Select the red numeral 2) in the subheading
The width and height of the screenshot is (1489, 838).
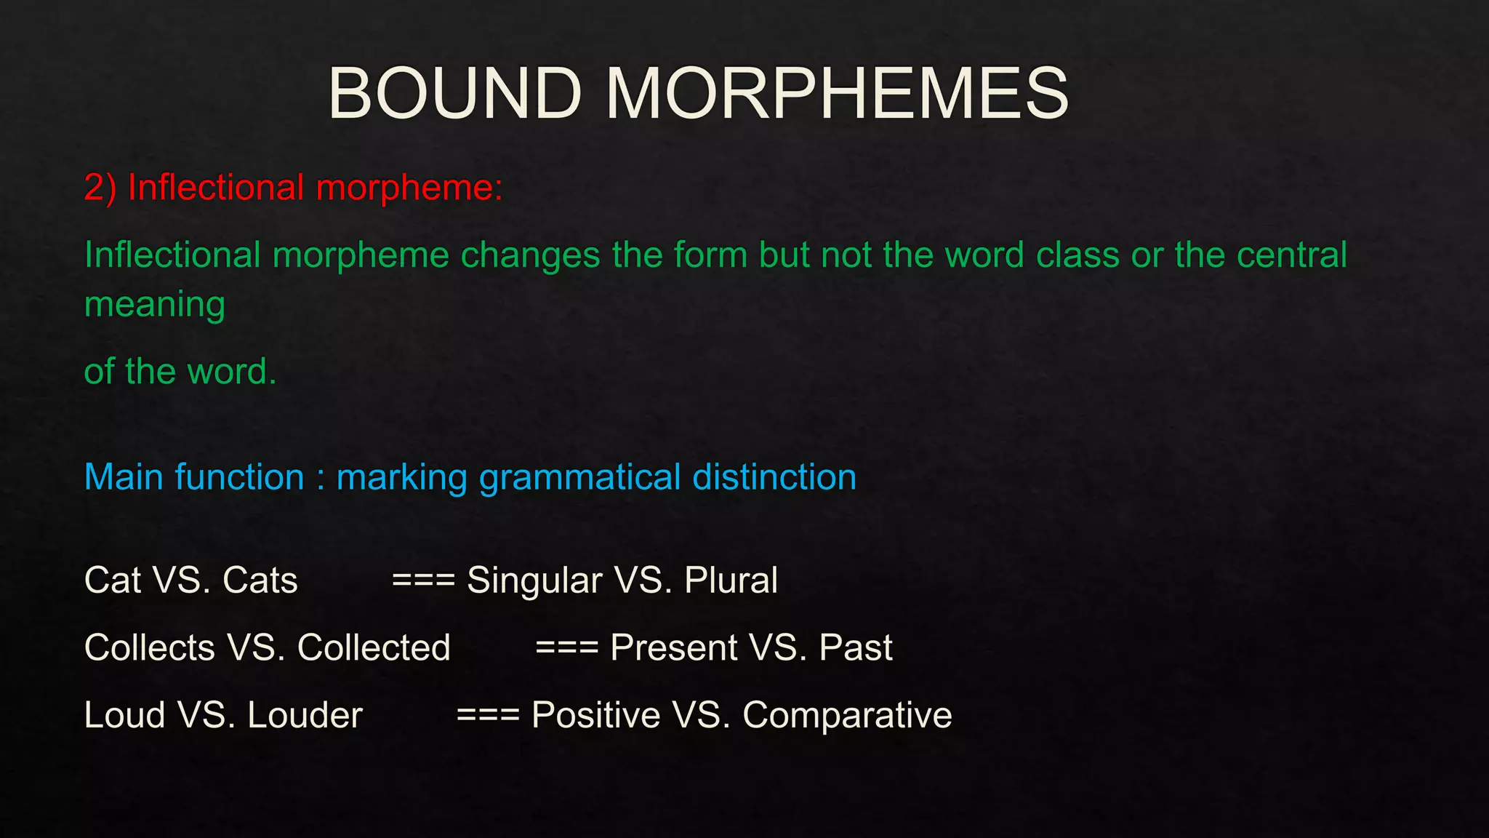(x=100, y=188)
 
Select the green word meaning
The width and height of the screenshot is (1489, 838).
(x=154, y=305)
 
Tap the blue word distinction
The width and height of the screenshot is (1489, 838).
(x=774, y=477)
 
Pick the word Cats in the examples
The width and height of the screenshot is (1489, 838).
(x=260, y=580)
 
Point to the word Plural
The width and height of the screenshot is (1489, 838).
(x=731, y=580)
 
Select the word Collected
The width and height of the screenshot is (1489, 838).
(x=374, y=647)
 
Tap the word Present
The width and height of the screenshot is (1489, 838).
(x=674, y=647)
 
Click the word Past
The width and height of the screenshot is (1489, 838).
(x=856, y=647)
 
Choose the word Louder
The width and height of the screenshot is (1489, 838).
(x=305, y=715)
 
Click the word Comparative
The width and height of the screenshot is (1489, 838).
(x=847, y=715)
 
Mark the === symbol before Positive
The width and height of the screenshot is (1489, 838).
(x=488, y=715)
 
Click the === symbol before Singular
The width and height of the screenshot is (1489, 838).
(x=423, y=580)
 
